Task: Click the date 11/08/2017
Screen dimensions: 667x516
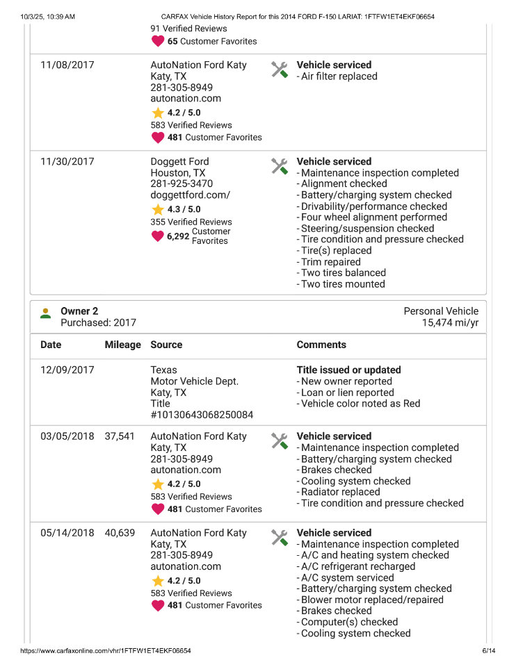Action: click(67, 65)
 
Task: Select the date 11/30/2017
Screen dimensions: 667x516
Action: click(67, 162)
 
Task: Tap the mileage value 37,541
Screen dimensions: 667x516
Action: click(120, 437)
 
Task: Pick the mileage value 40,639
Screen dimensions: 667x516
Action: click(120, 534)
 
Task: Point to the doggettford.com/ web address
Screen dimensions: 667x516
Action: click(190, 195)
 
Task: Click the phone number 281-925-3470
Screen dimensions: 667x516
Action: click(182, 184)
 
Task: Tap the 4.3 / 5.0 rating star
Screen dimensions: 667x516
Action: click(158, 209)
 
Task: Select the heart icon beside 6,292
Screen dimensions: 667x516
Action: click(158, 236)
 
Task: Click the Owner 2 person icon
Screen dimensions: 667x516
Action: click(46, 313)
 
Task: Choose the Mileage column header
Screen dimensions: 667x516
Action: click(122, 345)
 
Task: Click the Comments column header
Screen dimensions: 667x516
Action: click(321, 345)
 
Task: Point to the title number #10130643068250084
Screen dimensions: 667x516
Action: click(202, 415)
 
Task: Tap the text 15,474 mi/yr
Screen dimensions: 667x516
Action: click(450, 323)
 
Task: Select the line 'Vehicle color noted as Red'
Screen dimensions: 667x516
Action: click(360, 404)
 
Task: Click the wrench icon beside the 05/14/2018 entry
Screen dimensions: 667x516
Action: click(280, 537)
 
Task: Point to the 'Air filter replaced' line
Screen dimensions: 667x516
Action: click(339, 76)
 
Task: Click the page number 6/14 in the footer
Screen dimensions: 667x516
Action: click(489, 651)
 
